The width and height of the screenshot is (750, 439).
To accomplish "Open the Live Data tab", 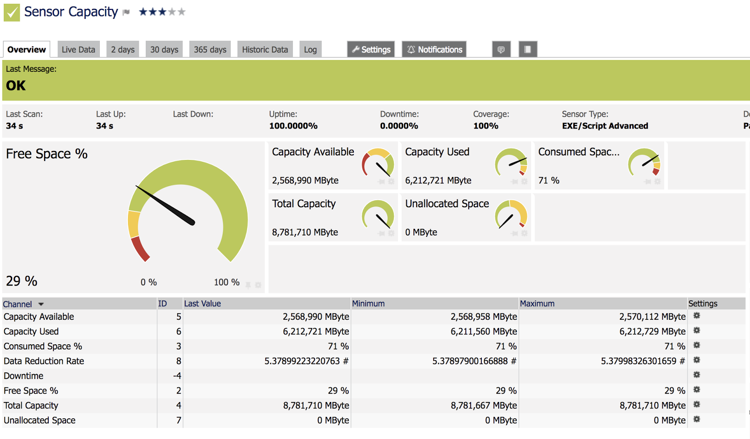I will click(78, 49).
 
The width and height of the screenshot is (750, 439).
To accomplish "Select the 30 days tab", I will click(164, 49).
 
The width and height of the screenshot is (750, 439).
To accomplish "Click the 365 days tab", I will click(210, 49).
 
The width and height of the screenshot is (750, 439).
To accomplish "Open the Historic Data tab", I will click(265, 49).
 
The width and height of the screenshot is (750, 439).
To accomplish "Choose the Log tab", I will click(310, 49).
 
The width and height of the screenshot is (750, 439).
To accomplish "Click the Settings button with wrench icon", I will click(371, 49).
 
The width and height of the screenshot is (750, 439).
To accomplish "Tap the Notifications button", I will click(434, 49).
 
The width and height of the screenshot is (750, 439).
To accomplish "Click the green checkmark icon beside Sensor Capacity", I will click(12, 12).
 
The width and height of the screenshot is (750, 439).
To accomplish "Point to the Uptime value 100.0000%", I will click(293, 126).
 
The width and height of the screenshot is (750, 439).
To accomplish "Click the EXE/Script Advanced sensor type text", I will click(605, 126).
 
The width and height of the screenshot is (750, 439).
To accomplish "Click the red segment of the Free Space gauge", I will click(140, 249).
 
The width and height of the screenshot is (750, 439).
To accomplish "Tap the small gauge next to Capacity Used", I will click(511, 163).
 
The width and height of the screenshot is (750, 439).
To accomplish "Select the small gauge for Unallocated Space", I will click(511, 214).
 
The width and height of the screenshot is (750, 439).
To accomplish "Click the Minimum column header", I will click(368, 303).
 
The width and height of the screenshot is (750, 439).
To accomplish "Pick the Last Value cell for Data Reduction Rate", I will click(307, 361).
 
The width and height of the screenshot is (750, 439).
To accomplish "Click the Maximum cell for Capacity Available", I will click(652, 317).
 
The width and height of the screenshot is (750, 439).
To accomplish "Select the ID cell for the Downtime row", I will click(177, 376).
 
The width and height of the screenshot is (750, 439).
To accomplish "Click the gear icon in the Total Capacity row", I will click(697, 404).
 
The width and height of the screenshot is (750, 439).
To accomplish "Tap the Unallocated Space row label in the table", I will click(40, 420).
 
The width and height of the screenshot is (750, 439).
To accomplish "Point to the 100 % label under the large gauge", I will click(227, 282).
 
